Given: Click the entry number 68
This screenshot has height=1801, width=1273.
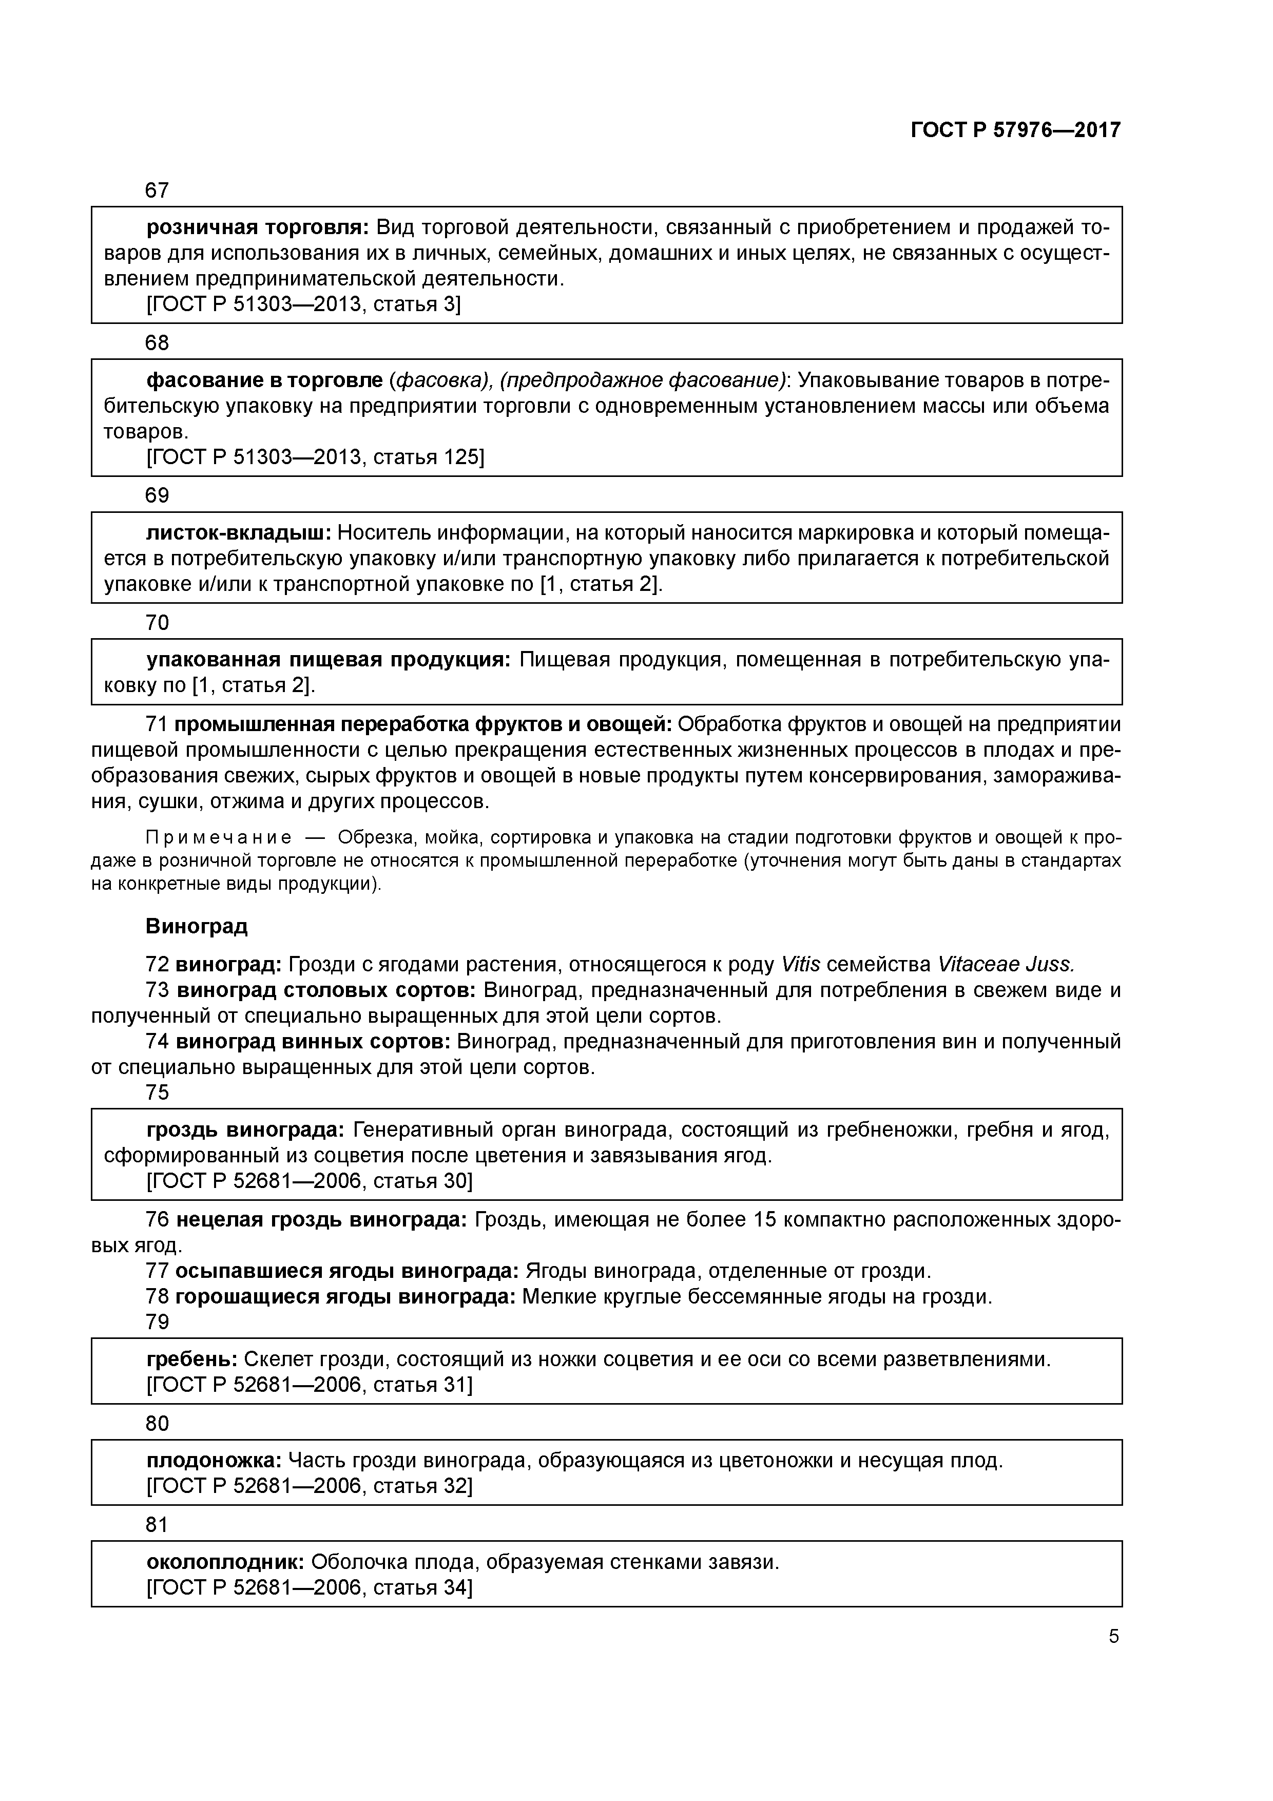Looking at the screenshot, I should point(157,343).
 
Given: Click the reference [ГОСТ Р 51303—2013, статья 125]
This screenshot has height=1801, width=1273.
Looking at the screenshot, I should point(315,456).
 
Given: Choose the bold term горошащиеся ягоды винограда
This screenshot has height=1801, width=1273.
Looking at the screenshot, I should point(345,1297).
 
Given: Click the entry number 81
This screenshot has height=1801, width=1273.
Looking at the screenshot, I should point(157,1524).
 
